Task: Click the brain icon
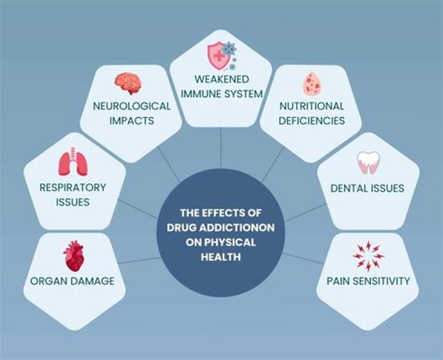coord(129,83)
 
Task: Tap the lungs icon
coord(73,163)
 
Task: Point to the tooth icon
coord(368,162)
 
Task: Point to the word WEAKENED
coord(221,80)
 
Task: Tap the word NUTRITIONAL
coord(311,106)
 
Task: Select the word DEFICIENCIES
coord(311,120)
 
